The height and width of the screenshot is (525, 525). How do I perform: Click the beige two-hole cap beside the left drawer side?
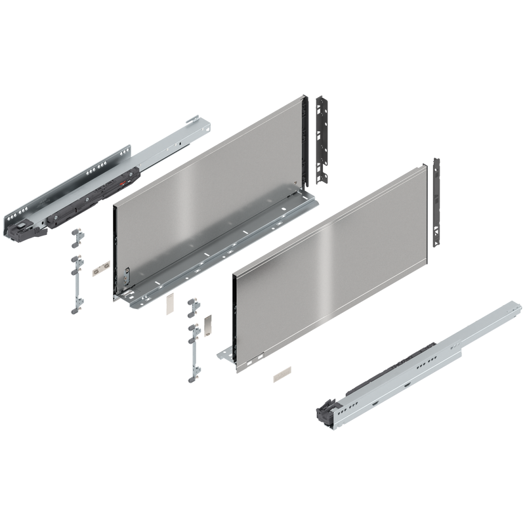100,269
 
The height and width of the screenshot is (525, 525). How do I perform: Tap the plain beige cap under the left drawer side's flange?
168,304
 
